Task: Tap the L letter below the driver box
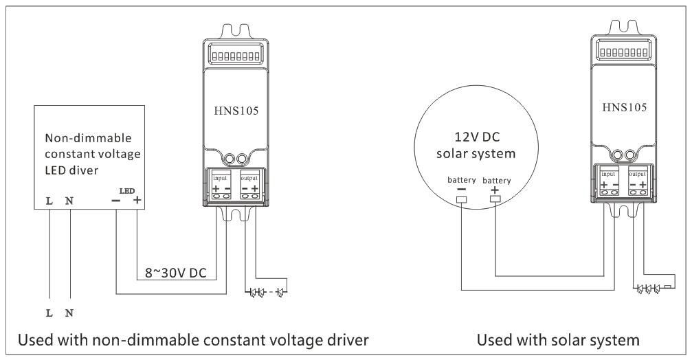[49, 313]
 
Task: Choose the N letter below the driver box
[69, 313]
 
